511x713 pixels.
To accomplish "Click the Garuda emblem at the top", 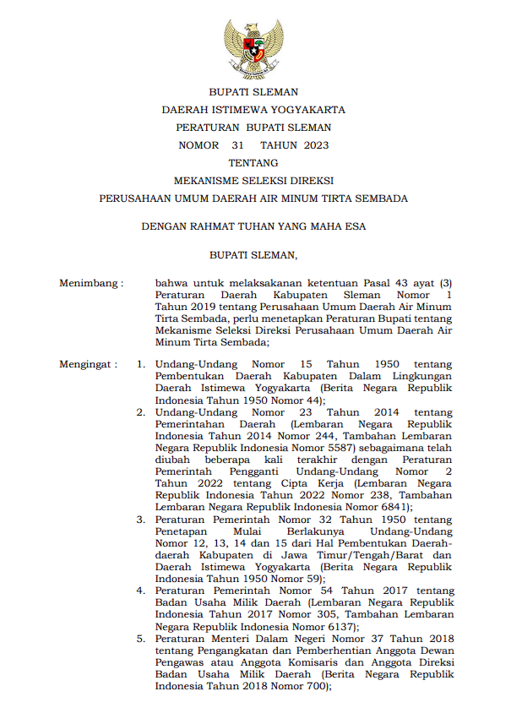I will click(253, 50).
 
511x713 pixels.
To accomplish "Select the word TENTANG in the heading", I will click(253, 163).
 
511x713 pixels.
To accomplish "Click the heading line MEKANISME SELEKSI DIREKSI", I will click(253, 181).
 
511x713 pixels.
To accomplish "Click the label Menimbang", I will click(90, 283).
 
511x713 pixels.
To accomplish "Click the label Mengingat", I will click(88, 364).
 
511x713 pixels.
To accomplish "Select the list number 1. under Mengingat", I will click(142, 364).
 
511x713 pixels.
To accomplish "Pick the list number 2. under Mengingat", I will click(142, 412).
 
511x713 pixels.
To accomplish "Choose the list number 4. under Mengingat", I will click(142, 591).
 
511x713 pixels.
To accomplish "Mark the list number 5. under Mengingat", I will click(142, 639).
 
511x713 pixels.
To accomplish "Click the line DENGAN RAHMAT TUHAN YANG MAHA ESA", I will click(253, 226).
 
